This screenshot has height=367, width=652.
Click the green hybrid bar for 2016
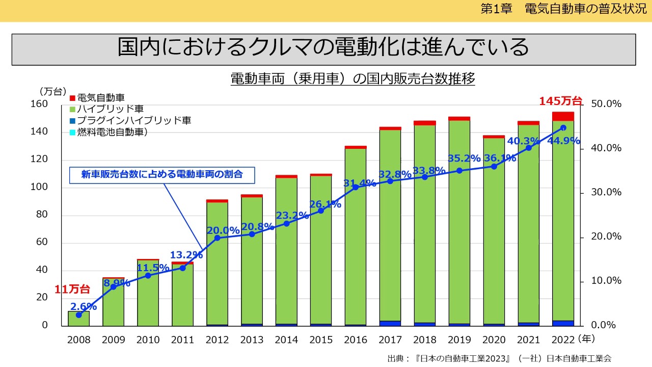(356, 255)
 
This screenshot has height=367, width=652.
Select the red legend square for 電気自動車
(72, 97)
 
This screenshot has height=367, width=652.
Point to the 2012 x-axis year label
(217, 339)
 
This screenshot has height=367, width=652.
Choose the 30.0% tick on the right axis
(606, 192)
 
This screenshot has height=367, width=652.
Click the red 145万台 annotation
(560, 101)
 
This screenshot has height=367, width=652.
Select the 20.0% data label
(223, 230)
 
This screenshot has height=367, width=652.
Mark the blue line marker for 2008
(79, 315)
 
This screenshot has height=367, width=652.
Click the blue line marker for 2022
(563, 128)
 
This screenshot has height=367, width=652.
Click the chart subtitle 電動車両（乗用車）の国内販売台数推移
(352, 79)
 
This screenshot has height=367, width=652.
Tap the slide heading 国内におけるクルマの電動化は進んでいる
(323, 48)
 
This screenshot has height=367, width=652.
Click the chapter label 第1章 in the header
(496, 10)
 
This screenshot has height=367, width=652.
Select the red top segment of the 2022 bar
(563, 116)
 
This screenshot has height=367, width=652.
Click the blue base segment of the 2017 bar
(390, 323)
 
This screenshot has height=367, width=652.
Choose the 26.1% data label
(325, 204)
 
